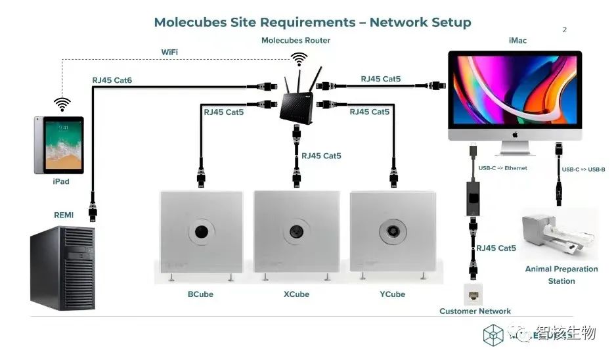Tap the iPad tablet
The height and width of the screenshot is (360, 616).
pyautogui.click(x=59, y=145)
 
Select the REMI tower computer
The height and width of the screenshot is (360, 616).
pyautogui.click(x=62, y=268)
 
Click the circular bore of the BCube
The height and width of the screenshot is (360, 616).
pyautogui.click(x=202, y=231)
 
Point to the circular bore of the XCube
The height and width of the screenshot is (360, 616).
pyautogui.click(x=296, y=231)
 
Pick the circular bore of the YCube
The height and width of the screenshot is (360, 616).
pyautogui.click(x=393, y=231)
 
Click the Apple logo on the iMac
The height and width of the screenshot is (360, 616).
pyautogui.click(x=515, y=135)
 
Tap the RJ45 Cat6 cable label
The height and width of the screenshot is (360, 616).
pyautogui.click(x=112, y=80)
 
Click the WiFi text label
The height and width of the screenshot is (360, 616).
pyautogui.click(x=169, y=52)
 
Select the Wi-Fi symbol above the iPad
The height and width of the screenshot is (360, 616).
pyautogui.click(x=62, y=104)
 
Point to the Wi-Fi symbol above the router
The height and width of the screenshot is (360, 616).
pyautogui.click(x=299, y=60)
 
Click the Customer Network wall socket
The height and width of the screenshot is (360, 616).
pyautogui.click(x=473, y=294)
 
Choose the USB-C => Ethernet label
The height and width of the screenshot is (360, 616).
pyautogui.click(x=502, y=168)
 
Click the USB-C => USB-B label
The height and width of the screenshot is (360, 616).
pyautogui.click(x=583, y=169)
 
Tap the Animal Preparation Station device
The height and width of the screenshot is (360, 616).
pyautogui.click(x=558, y=234)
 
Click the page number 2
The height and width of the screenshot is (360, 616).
pyautogui.click(x=565, y=30)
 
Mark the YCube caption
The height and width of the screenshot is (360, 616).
pyautogui.click(x=392, y=294)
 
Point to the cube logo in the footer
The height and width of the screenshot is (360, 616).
pyautogui.click(x=493, y=335)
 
